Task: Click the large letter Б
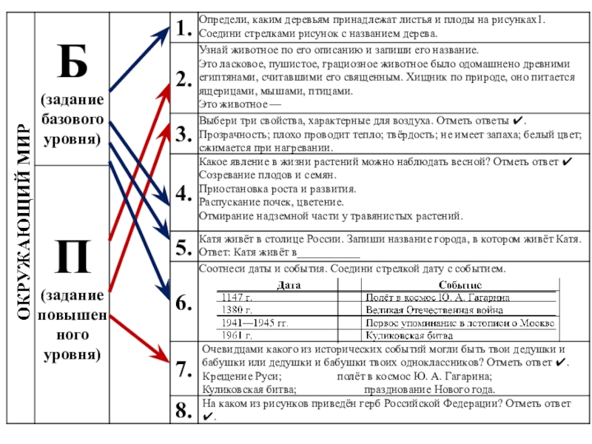(73, 63)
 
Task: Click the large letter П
(73, 255)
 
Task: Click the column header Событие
(460, 284)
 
